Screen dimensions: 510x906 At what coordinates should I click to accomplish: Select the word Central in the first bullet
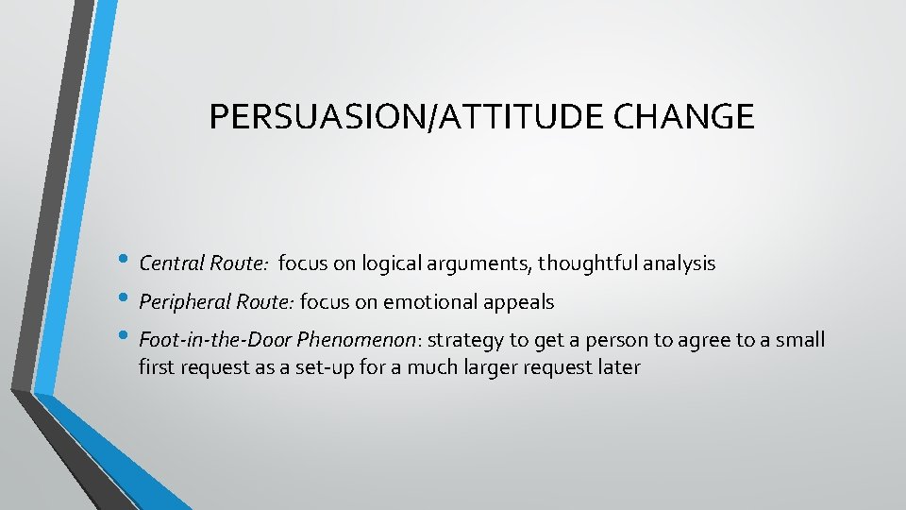coord(167,263)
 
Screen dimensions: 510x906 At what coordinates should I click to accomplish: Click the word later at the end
coord(619,366)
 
